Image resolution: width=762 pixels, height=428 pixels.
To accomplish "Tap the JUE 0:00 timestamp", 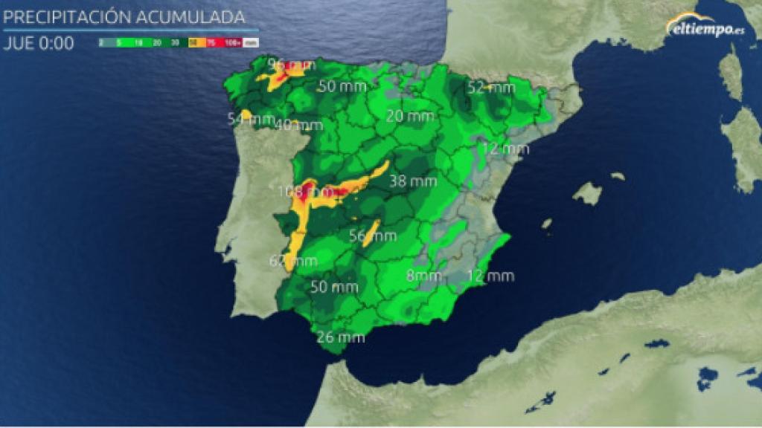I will click(x=39, y=43).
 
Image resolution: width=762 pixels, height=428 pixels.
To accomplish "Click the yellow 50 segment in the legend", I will click(x=193, y=43).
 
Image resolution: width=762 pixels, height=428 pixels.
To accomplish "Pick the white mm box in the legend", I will click(x=251, y=43).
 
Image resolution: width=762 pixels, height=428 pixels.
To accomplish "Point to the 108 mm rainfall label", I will click(x=298, y=191).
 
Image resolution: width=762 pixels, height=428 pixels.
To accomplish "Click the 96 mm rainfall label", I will click(x=292, y=65).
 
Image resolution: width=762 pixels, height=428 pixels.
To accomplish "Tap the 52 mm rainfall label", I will click(x=491, y=88).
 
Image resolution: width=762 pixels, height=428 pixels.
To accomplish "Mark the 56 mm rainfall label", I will click(x=373, y=236).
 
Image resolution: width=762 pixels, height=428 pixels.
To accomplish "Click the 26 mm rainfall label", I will click(x=341, y=337).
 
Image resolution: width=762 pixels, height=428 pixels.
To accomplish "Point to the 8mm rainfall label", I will click(x=423, y=276).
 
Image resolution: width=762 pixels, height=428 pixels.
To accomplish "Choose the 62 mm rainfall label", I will click(x=293, y=261).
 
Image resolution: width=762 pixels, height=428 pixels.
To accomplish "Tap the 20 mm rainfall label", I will click(x=410, y=117).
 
